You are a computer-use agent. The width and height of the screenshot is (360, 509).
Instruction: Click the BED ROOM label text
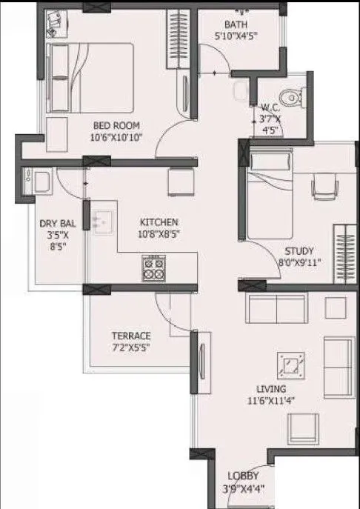click(115, 126)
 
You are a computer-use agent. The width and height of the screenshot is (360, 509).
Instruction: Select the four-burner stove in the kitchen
click(153, 267)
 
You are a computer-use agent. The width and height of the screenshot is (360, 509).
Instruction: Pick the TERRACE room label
click(131, 335)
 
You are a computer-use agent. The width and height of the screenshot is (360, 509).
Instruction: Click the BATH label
click(236, 23)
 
